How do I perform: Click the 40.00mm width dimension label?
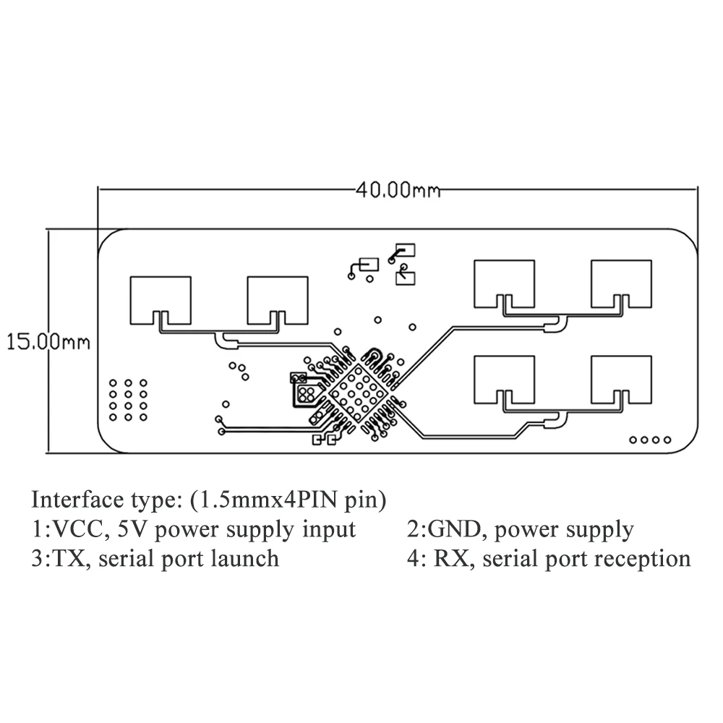pyautogui.click(x=398, y=191)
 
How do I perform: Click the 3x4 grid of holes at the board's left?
pyautogui.click(x=128, y=399)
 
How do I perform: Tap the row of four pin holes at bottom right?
pyautogui.click(x=651, y=440)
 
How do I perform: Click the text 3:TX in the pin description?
pyautogui.click(x=49, y=558)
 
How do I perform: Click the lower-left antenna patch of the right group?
pyautogui.click(x=504, y=377)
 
